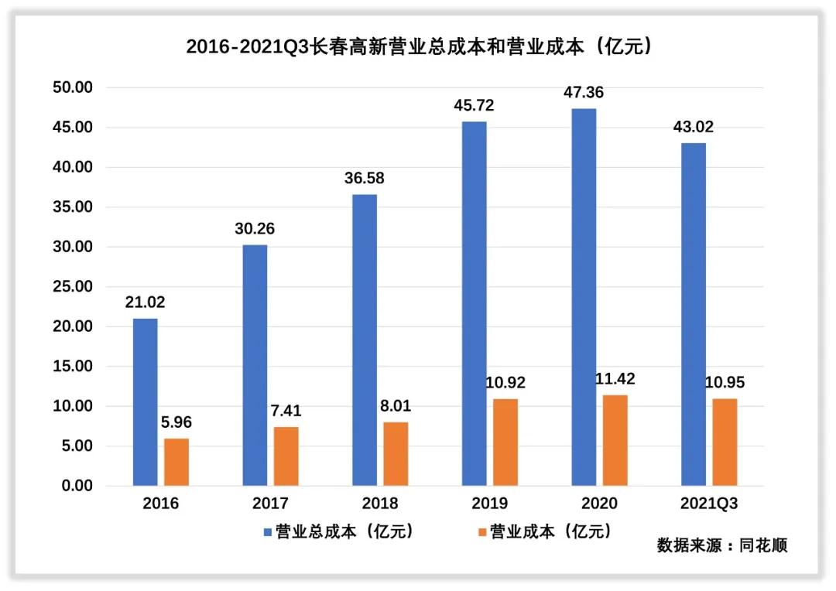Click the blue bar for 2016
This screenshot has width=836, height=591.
[145, 402]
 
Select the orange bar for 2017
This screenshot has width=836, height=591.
[286, 456]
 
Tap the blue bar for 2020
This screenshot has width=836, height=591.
[584, 297]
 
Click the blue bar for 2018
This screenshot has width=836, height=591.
[364, 340]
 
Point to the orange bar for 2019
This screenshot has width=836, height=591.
[505, 442]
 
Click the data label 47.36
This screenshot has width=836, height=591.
[584, 93]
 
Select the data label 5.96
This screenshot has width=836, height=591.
[176, 423]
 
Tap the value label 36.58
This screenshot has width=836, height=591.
[364, 179]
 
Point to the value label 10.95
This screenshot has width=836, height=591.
[725, 383]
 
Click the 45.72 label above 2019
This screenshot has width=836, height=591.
[475, 105]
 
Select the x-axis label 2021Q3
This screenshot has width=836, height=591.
[709, 504]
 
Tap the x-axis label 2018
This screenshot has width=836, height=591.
[379, 504]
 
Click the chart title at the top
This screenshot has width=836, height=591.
[418, 46]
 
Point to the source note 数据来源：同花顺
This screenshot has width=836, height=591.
[721, 545]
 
